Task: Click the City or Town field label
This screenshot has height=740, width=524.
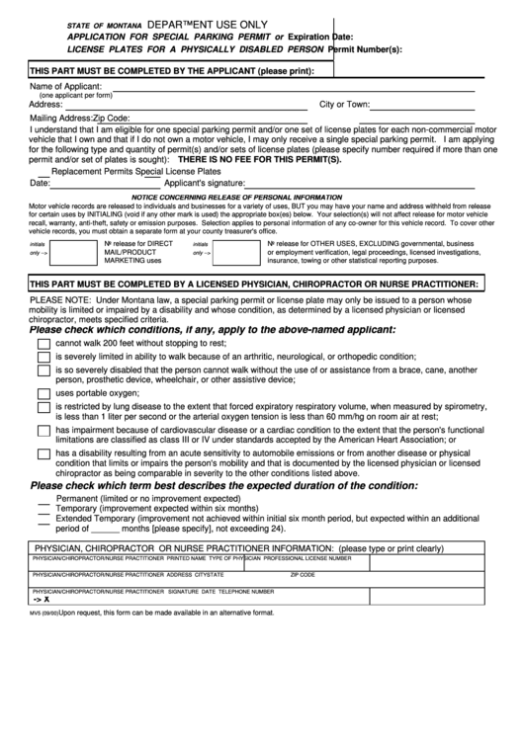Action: [x=344, y=104]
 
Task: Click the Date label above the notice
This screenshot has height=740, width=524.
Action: [x=41, y=184]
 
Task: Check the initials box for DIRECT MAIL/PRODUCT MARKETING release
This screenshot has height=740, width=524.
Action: [x=73, y=254]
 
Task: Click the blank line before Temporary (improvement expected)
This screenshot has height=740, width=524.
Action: [x=44, y=512]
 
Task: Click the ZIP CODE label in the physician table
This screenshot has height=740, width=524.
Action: [x=302, y=574]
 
